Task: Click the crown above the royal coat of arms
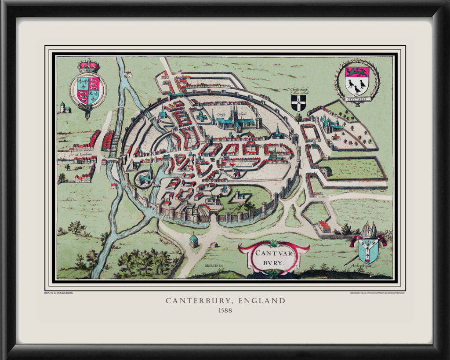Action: click(88, 65)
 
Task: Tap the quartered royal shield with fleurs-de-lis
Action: click(88, 90)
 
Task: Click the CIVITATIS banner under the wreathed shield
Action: click(356, 99)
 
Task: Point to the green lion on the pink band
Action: click(356, 72)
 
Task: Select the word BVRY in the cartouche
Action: click(274, 264)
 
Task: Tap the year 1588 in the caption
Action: click(225, 310)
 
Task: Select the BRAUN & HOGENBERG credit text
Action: click(58, 292)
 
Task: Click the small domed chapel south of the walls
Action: click(193, 240)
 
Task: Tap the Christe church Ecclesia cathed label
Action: click(299, 91)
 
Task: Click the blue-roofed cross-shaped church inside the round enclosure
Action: click(145, 177)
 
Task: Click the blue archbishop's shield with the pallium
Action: click(368, 248)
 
